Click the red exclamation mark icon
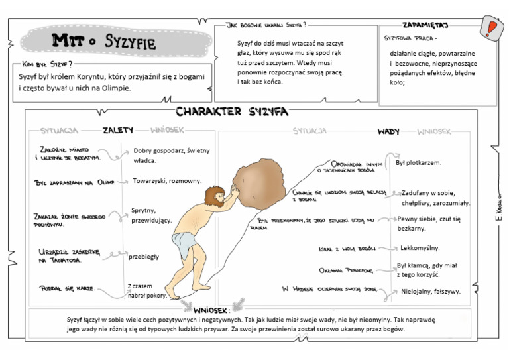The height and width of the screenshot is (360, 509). pos(491,28)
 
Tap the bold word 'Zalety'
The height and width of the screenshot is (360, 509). pos(118,130)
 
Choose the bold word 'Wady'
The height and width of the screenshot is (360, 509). pos(388,131)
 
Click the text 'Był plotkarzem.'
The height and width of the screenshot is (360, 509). pos(418,162)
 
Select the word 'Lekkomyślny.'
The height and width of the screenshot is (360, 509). pos(420,248)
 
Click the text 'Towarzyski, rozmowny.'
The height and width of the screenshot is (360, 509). pos(166,180)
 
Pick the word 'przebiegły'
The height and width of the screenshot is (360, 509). pos(144,256)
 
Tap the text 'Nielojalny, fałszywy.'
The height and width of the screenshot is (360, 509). pos(430,291)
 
